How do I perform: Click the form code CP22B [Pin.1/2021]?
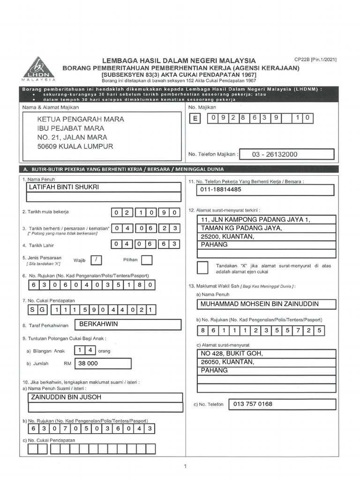pyautogui.click(x=315, y=60)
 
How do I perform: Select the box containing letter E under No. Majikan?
pyautogui.click(x=194, y=119)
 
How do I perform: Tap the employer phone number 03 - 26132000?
pyautogui.click(x=275, y=154)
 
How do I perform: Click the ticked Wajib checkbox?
pyautogui.click(x=96, y=260)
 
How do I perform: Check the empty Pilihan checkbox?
pyautogui.click(x=147, y=260)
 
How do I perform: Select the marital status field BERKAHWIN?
pyautogui.click(x=98, y=324)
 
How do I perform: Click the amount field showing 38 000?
pyautogui.click(x=88, y=363)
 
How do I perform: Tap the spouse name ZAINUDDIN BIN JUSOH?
pyautogui.click(x=63, y=397)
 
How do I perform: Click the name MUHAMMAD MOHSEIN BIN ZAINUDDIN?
pyautogui.click(x=259, y=304)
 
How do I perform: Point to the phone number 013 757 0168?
pyautogui.click(x=253, y=404)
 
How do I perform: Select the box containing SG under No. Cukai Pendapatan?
pyautogui.click(x=37, y=310)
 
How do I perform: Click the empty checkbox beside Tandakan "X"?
pyautogui.click(x=202, y=268)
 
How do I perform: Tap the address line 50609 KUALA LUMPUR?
pyautogui.click(x=75, y=146)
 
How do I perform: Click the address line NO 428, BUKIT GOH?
pyautogui.click(x=232, y=353)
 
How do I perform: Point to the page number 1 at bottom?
pyautogui.click(x=185, y=466)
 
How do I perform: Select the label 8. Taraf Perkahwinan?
pyautogui.click(x=45, y=325)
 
